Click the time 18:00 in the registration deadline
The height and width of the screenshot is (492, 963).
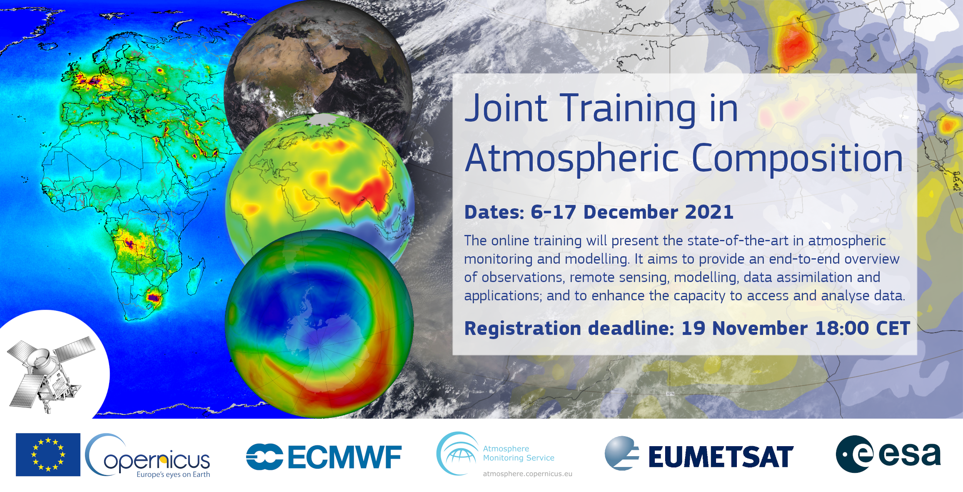point(842,328)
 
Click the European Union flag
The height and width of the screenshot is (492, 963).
point(48,455)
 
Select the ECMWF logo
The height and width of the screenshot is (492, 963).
point(324,457)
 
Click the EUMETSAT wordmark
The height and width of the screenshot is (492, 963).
point(721,457)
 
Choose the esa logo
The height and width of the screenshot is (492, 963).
point(888,454)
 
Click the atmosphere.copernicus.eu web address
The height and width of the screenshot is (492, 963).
point(527,474)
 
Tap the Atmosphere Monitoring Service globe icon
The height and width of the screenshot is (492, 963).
point(457,454)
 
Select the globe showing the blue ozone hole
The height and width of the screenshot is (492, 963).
point(319,324)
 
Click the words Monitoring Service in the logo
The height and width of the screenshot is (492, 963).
point(519,458)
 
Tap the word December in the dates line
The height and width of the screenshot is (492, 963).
point(630,212)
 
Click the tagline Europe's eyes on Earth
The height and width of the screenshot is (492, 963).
point(173,475)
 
